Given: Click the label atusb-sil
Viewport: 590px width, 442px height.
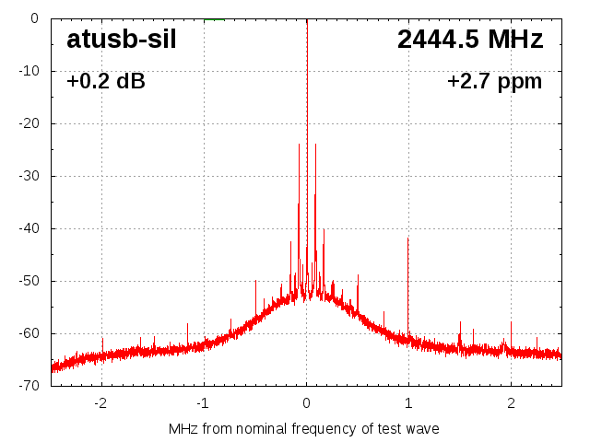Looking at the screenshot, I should (x=121, y=41).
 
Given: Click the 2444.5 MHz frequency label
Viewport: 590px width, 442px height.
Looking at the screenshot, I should (x=470, y=40).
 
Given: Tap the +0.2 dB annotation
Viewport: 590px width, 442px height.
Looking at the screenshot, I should (x=105, y=82).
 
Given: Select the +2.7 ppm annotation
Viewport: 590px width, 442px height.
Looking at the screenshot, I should (x=494, y=82).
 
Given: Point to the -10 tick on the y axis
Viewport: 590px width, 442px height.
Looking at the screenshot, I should (x=29, y=71).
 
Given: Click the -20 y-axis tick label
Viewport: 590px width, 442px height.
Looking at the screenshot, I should (x=29, y=123).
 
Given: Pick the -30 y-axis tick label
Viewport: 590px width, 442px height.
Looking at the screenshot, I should (x=29, y=176).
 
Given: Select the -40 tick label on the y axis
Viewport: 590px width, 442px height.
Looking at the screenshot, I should (x=29, y=228).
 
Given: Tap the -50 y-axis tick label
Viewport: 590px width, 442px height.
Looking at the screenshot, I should (x=29, y=281).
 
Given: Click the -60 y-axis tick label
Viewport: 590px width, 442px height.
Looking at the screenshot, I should (x=29, y=333).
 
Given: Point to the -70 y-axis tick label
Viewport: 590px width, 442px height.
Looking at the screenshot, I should (x=29, y=386).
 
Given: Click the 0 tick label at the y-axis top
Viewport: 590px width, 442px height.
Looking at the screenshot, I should (x=34, y=18).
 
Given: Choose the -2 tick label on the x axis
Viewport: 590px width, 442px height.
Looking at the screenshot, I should (x=100, y=403).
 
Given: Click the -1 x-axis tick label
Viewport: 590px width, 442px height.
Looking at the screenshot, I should (x=203, y=403).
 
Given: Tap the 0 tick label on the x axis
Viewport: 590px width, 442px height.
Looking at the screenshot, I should (x=307, y=403).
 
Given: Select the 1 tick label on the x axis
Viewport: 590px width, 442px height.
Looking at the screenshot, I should (x=408, y=403).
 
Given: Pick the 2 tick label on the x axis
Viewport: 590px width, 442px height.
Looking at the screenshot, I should (x=511, y=403).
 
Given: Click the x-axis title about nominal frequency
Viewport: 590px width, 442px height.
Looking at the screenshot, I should (x=304, y=429).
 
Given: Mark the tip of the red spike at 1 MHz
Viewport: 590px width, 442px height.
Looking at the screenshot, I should (x=408, y=238).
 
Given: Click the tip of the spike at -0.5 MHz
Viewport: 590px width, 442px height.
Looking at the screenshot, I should (x=255, y=281).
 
